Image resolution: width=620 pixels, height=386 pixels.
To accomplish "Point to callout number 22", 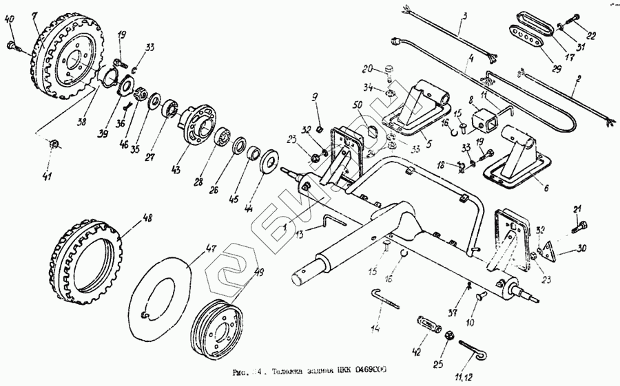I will pyautogui.click(x=592, y=36).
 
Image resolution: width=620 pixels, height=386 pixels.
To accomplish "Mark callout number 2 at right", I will pyautogui.click(x=579, y=79).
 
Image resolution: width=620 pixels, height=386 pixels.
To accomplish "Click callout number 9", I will pyautogui.click(x=316, y=96).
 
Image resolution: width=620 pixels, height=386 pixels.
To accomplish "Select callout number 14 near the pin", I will pyautogui.click(x=375, y=328).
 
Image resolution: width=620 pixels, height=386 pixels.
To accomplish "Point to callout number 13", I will pyautogui.click(x=299, y=234).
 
